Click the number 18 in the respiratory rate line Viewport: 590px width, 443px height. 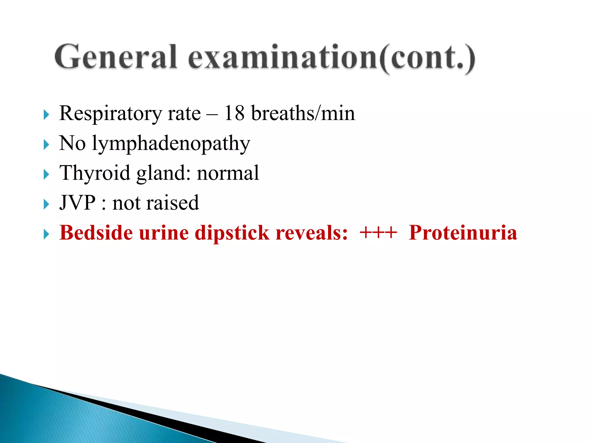tap(234, 113)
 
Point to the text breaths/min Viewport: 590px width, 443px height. tap(303, 113)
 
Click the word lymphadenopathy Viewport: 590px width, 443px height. tap(171, 144)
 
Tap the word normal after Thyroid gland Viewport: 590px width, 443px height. tap(228, 173)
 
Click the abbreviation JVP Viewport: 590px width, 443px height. tap(77, 203)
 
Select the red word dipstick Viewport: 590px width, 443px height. tap(232, 233)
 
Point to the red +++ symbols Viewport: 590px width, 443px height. tap(378, 232)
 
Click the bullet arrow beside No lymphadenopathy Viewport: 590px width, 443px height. tap(46, 144)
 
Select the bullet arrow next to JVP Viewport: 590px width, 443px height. tap(46, 204)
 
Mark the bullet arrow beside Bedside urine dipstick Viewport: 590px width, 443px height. tap(46, 234)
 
